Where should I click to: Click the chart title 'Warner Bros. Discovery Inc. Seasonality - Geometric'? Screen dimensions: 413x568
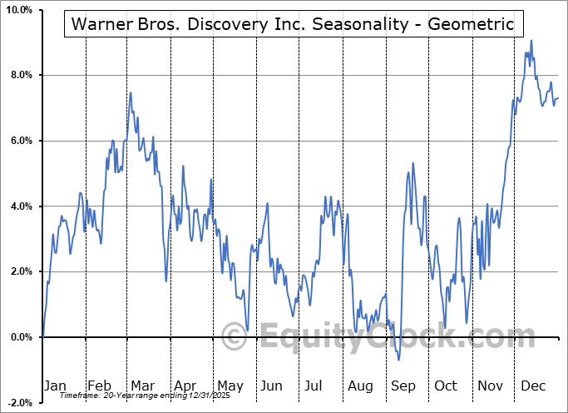click(x=294, y=25)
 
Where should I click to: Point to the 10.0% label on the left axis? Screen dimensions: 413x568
click(x=18, y=10)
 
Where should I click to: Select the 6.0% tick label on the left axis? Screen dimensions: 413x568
click(x=20, y=141)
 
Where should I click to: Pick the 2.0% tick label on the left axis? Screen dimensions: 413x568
click(x=20, y=271)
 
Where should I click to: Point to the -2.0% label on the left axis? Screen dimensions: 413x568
click(x=18, y=402)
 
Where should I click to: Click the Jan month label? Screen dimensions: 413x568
click(x=54, y=386)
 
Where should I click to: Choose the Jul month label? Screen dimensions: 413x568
click(x=314, y=386)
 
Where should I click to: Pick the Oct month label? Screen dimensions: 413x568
click(x=445, y=386)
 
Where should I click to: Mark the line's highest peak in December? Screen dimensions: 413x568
click(x=531, y=41)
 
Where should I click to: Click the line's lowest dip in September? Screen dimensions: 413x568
click(x=399, y=360)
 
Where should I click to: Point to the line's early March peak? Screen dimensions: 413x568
click(x=131, y=92)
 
